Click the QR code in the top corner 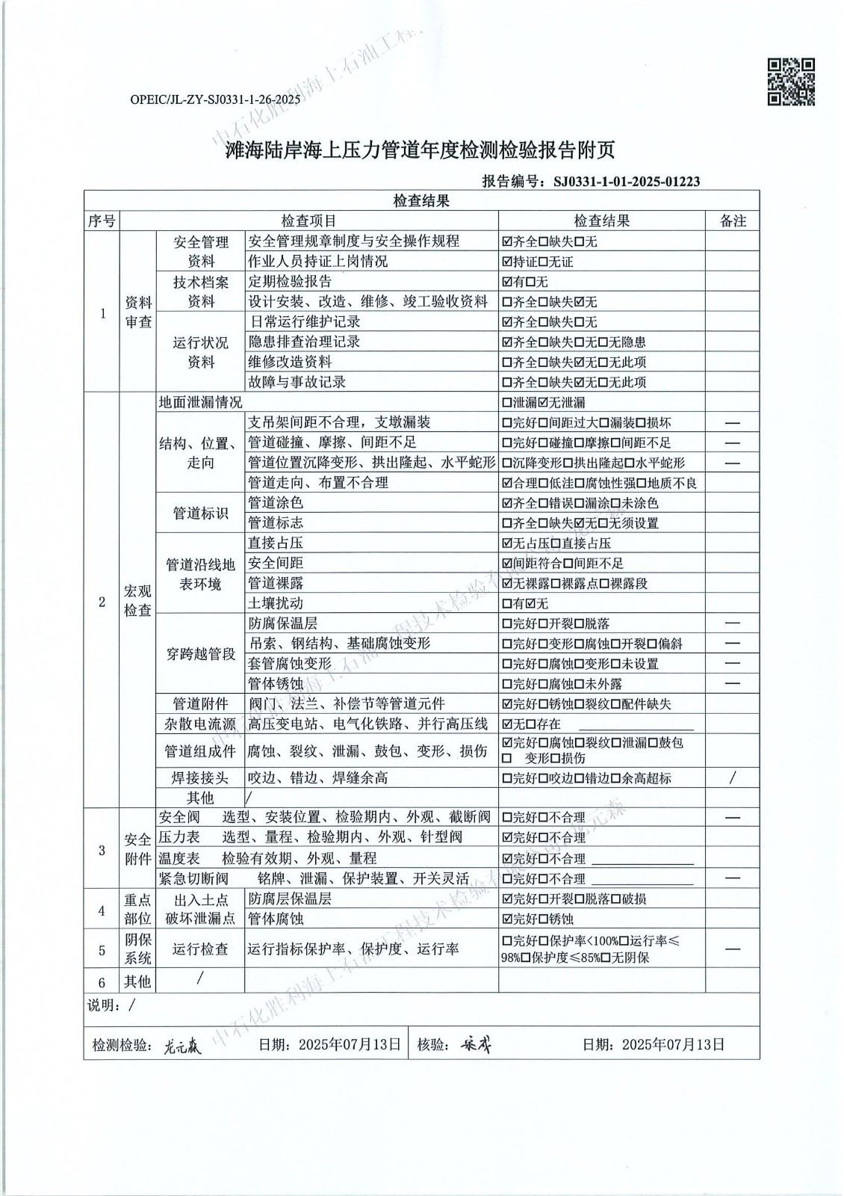point(792,81)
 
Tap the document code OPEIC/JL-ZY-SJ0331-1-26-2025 point(215,99)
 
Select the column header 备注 point(732,221)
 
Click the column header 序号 point(102,221)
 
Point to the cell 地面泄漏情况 point(201,402)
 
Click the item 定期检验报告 point(290,282)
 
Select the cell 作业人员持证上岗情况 point(318,262)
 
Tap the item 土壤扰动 point(275,603)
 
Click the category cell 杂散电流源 point(200,724)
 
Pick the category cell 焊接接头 point(200,778)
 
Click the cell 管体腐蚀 point(276,919)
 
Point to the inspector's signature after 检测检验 point(182,1046)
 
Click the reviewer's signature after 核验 point(475,1045)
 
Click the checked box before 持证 point(507,262)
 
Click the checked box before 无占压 point(507,543)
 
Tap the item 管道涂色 point(275,503)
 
